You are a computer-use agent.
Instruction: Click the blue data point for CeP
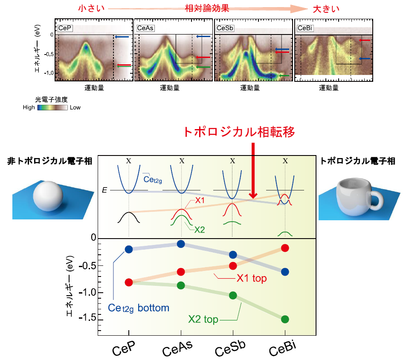tap(129, 249)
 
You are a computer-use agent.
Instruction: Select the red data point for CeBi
tap(285, 248)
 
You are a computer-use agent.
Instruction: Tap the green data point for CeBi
tap(285, 319)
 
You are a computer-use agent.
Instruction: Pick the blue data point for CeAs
tap(181, 244)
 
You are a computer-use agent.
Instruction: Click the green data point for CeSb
tap(233, 295)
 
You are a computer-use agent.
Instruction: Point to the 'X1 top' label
tap(252, 278)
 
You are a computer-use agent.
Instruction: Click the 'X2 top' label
tap(203, 319)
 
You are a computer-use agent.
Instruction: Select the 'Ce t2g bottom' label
tap(139, 308)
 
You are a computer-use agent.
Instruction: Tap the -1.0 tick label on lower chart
tap(87, 293)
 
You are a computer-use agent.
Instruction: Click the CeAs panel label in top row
tap(145, 28)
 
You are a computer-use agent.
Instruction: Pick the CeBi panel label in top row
tap(305, 28)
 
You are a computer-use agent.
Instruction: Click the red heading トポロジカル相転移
tap(239, 132)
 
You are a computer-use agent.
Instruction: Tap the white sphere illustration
tap(48, 196)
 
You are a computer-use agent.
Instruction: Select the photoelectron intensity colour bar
tap(52, 107)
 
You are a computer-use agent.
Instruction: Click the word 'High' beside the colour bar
tap(29, 107)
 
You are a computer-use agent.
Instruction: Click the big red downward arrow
tap(253, 170)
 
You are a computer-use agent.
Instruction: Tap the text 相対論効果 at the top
tap(207, 9)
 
